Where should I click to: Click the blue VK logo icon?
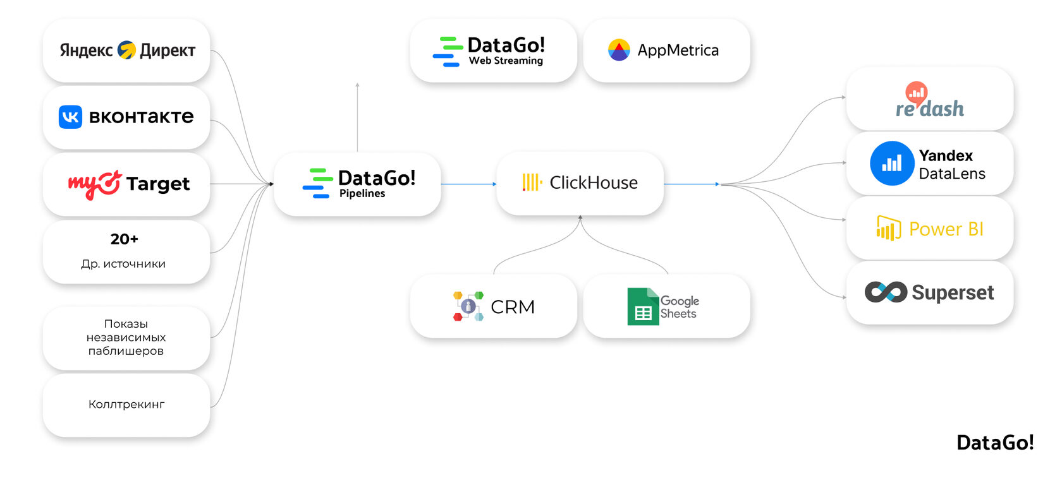pos(70,117)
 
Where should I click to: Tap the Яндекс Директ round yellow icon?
pos(126,50)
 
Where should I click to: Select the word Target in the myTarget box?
pos(158,184)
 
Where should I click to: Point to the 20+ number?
pos(124,239)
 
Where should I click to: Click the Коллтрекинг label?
pos(126,404)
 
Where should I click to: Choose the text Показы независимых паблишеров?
pos(126,337)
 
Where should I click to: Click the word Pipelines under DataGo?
pos(362,194)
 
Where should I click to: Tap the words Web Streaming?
pos(506,61)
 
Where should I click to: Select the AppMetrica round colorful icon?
pos(619,50)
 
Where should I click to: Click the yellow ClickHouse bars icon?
pos(532,182)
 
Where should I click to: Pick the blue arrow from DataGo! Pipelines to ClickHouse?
pos(468,184)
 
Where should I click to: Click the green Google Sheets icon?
pos(643,306)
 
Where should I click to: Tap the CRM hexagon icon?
pos(468,306)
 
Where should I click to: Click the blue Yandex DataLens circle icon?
pos(892,164)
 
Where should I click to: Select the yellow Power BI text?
pos(946,229)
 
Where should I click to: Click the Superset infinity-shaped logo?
pos(886,292)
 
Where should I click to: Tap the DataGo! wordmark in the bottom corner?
pos(995,443)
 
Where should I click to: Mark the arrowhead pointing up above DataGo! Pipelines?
pos(358,85)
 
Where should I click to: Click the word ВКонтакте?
pos(142,117)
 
